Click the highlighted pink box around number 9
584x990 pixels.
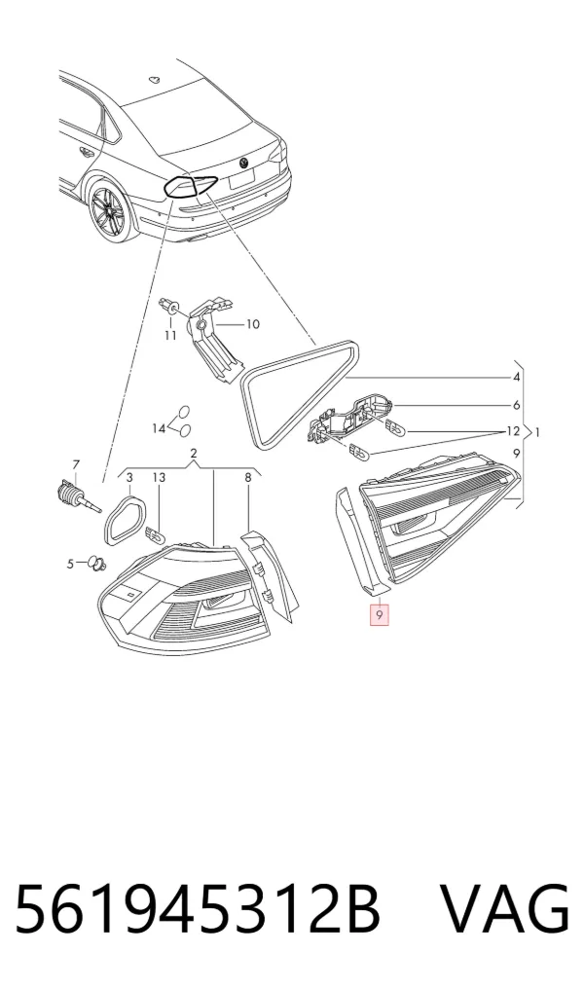379,613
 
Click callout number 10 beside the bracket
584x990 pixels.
252,324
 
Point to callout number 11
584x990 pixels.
170,336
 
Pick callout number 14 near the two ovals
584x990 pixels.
159,428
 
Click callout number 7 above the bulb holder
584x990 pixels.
76,464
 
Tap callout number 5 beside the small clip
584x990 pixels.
71,564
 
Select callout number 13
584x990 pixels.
159,478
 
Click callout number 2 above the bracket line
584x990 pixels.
193,453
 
